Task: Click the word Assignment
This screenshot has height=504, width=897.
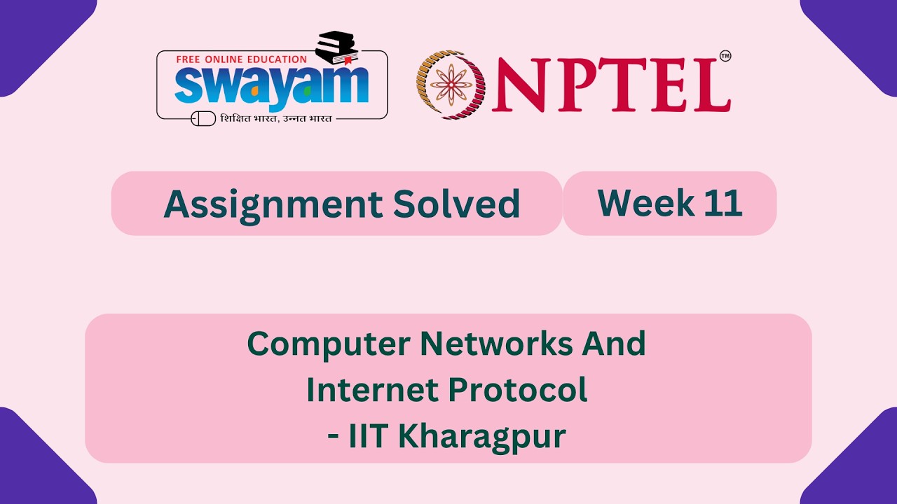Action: pyautogui.click(x=272, y=204)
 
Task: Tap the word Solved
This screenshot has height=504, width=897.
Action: pyautogui.click(x=456, y=204)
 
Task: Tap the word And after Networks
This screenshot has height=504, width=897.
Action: pyautogui.click(x=618, y=343)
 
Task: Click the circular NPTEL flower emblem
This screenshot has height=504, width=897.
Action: pyautogui.click(x=451, y=84)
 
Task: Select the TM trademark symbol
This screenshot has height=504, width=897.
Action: pyautogui.click(x=725, y=56)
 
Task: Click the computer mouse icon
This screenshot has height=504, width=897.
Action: pyautogui.click(x=203, y=119)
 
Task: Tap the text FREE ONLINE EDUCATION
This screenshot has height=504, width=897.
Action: pyautogui.click(x=241, y=59)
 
